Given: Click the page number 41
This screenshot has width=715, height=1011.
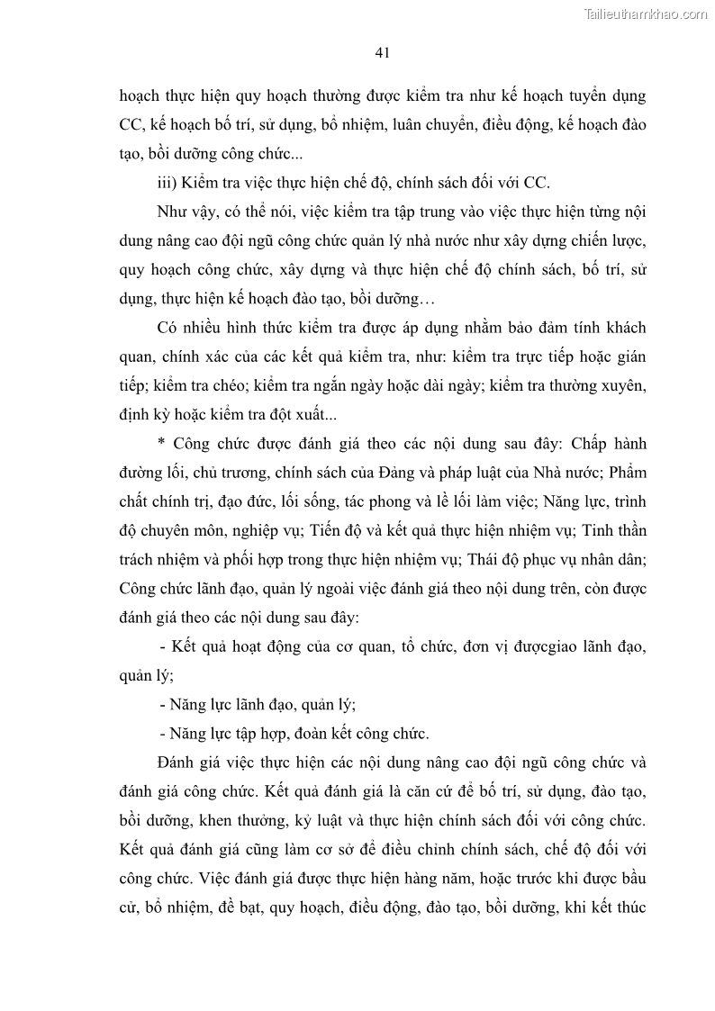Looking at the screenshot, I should (381, 53).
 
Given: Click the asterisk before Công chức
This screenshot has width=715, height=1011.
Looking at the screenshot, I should (160, 444).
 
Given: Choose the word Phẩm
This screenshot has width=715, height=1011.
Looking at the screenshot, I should (624, 473).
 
